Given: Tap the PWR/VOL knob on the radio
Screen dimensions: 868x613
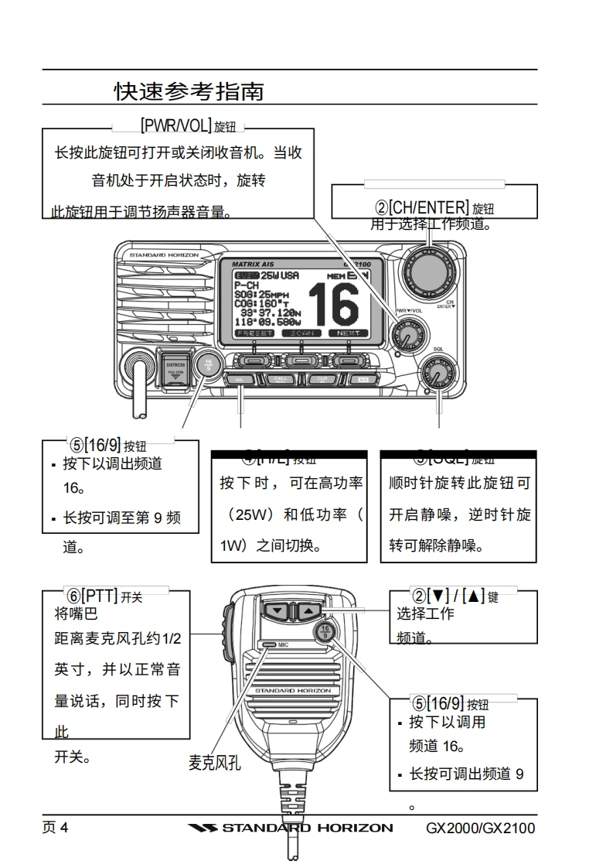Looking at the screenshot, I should (404, 336).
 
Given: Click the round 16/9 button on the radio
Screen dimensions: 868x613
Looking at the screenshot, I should (207, 363).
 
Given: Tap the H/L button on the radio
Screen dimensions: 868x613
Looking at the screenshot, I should (243, 380).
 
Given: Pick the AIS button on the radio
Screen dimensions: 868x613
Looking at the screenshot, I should (361, 380).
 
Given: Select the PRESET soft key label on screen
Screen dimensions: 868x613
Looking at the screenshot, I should (255, 333).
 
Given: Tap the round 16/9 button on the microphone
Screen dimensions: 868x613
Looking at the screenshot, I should (325, 631).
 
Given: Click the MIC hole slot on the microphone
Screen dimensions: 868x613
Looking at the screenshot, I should (268, 644).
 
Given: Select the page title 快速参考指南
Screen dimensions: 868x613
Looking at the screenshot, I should (189, 91).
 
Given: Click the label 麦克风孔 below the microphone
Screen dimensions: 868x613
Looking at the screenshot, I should (215, 763).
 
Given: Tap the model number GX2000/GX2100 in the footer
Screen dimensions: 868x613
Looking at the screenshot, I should (480, 829).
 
